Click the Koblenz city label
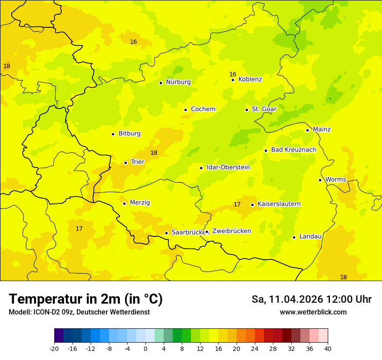pos(250,79)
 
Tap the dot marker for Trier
pos(125,163)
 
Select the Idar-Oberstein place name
pos(228,167)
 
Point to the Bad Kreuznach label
pos(293,150)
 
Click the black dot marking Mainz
pos(307,130)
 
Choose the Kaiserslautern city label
pos(279,204)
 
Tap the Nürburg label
pos(178,82)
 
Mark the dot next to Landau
pos(294,237)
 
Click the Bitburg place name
pos(129,134)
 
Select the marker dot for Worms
pos(320,180)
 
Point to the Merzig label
pos(140,203)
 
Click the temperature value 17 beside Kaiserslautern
pos(237,204)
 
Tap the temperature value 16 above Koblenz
pos(233,74)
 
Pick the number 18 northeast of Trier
pos(154,153)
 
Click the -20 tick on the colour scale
pos(54,348)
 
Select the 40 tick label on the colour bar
pos(328,348)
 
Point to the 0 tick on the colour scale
pos(145,348)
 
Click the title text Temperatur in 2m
pos(86,299)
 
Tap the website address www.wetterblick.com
pos(313,312)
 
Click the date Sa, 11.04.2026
pos(287,299)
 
